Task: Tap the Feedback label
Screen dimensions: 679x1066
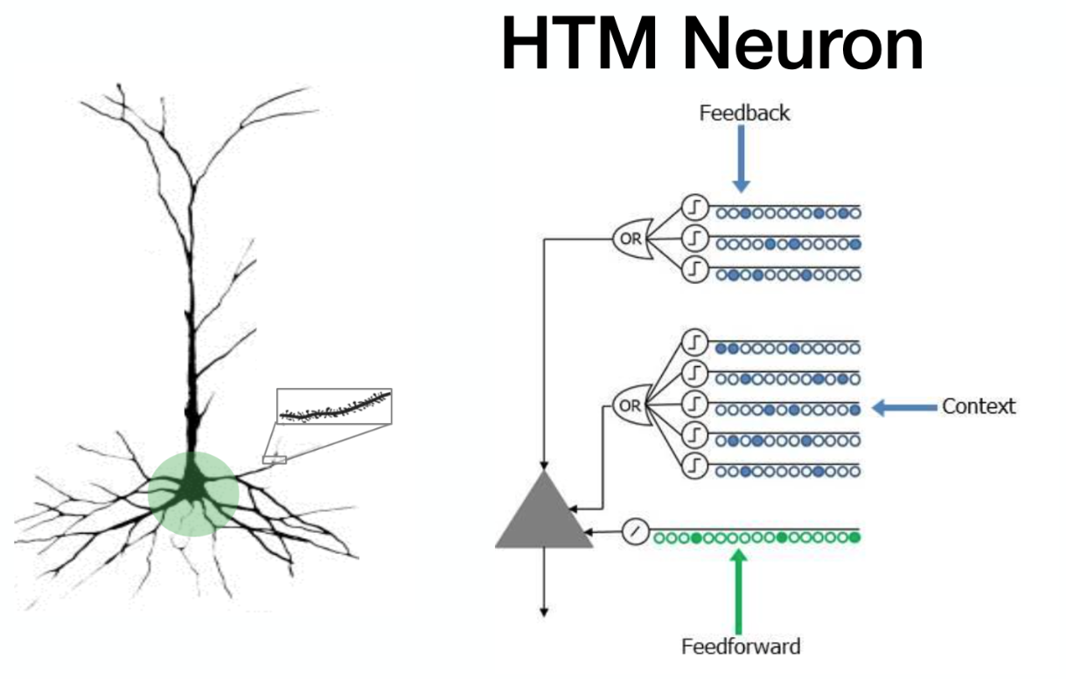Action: pyautogui.click(x=744, y=113)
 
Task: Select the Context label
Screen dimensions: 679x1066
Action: pyautogui.click(x=979, y=406)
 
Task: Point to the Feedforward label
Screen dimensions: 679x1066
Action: pyautogui.click(x=741, y=647)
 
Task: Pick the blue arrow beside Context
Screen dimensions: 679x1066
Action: pyautogui.click(x=904, y=407)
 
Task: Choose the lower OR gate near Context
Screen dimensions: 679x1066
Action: pyautogui.click(x=630, y=405)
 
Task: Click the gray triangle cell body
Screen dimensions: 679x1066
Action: pyautogui.click(x=544, y=516)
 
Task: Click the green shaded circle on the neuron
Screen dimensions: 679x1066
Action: pyautogui.click(x=192, y=494)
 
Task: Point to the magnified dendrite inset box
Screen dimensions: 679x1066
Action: pyautogui.click(x=334, y=406)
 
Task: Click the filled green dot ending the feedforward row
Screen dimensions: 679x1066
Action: pyautogui.click(x=854, y=537)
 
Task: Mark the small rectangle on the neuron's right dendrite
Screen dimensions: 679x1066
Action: pyautogui.click(x=274, y=458)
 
